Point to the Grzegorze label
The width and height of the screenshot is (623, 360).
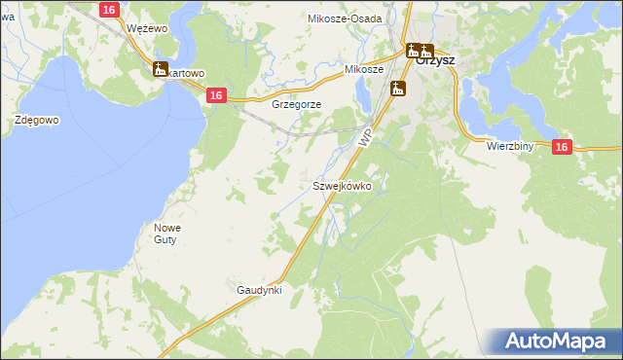tap(297, 103)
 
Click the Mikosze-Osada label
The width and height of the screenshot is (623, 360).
tap(346, 18)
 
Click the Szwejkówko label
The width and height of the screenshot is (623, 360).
tap(342, 185)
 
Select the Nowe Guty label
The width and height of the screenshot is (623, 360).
tap(167, 234)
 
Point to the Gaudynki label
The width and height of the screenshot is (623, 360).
tap(259, 290)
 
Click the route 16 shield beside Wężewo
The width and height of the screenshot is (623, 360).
tap(109, 9)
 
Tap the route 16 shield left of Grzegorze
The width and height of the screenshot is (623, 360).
tap(216, 94)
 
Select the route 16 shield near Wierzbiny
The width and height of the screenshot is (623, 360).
tap(562, 146)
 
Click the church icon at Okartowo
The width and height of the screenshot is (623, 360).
tap(161, 69)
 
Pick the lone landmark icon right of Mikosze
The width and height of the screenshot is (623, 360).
tap(397, 90)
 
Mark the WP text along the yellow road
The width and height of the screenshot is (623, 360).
tap(365, 140)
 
